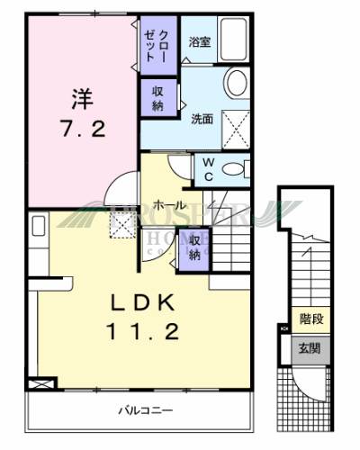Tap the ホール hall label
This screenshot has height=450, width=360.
169,205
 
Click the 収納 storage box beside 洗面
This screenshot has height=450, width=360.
157,97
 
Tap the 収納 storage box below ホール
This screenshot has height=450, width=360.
195,247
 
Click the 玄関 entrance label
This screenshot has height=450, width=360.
310,346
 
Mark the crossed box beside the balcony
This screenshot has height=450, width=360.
40,382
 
